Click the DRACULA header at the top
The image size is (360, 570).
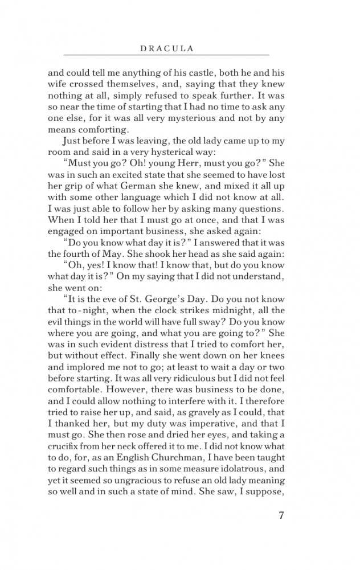166,49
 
